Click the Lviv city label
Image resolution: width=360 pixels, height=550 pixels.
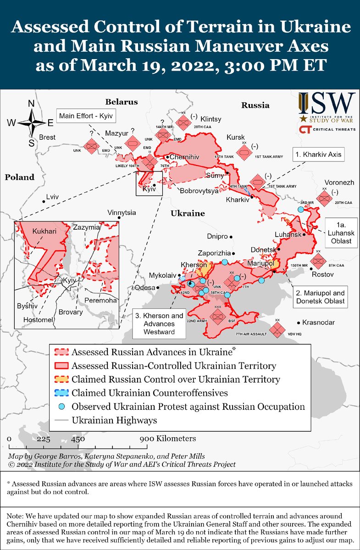53,197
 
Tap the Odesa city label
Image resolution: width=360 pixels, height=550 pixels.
145,288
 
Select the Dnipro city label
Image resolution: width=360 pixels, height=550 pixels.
217,236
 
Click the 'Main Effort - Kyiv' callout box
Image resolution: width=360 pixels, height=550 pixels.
85,115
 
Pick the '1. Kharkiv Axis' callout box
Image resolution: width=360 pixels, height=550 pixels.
318,154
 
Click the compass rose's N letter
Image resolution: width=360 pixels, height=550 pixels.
32,104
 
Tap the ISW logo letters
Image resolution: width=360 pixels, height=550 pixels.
327,104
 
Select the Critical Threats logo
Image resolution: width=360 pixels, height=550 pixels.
327,129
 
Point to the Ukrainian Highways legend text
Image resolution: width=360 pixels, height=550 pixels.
114,420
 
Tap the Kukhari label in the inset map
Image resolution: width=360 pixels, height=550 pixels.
44,231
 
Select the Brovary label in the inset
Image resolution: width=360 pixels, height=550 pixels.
70,312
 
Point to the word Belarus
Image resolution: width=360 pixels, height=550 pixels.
121,102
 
